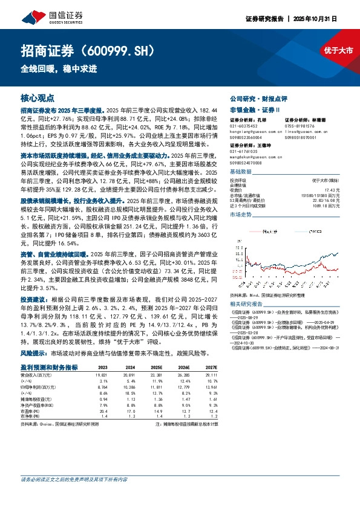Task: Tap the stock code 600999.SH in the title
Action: pos(124,49)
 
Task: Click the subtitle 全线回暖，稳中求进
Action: pos(59,69)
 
